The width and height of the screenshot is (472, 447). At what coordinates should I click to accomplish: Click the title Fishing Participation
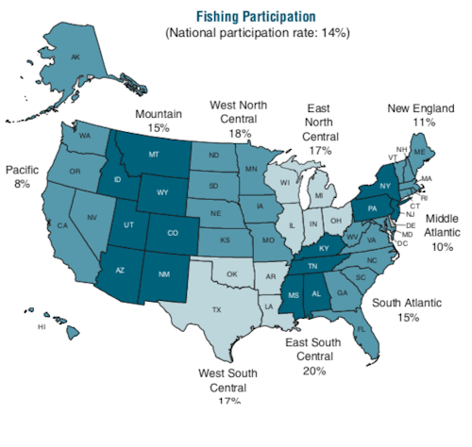pos(256,16)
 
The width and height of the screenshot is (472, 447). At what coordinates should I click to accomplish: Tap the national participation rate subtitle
pos(257,33)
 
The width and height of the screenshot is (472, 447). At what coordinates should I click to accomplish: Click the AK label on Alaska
pos(76,57)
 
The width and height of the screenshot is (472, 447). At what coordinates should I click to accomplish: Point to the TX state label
pos(216,309)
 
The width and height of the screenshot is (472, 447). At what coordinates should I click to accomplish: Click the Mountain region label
pos(159,113)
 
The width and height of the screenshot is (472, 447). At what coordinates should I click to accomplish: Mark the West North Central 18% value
pos(239,135)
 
